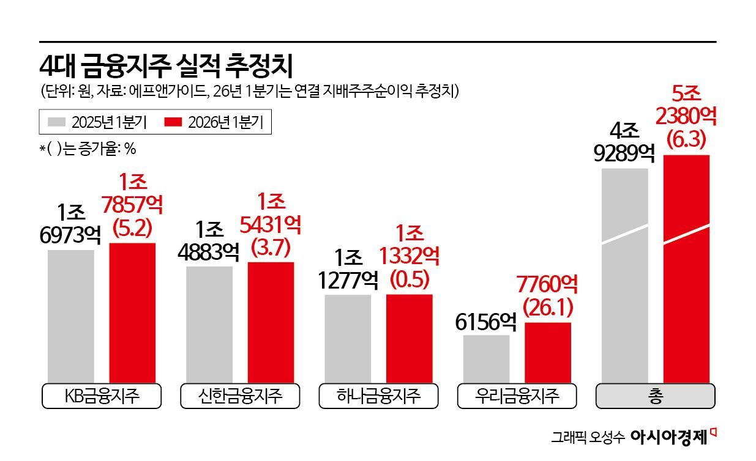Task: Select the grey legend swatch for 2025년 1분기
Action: tap(56, 122)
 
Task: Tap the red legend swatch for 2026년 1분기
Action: tap(174, 122)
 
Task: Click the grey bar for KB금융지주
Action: tap(71, 315)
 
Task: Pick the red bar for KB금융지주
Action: tap(132, 312)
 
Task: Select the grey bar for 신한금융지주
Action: tap(209, 324)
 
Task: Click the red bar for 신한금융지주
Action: tap(271, 322)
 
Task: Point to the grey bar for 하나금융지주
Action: tap(348, 338)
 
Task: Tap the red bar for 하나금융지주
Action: tap(409, 338)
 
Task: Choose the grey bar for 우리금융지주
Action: tap(486, 358)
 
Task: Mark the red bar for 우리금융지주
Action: tap(547, 352)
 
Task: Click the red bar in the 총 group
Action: tap(686, 269)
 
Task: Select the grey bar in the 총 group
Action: tap(624, 275)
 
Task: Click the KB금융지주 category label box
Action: tap(102, 396)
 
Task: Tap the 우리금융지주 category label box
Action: tap(517, 396)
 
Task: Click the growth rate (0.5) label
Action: tap(409, 279)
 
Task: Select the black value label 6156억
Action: tap(486, 322)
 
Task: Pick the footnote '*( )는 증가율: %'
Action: tap(88, 149)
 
